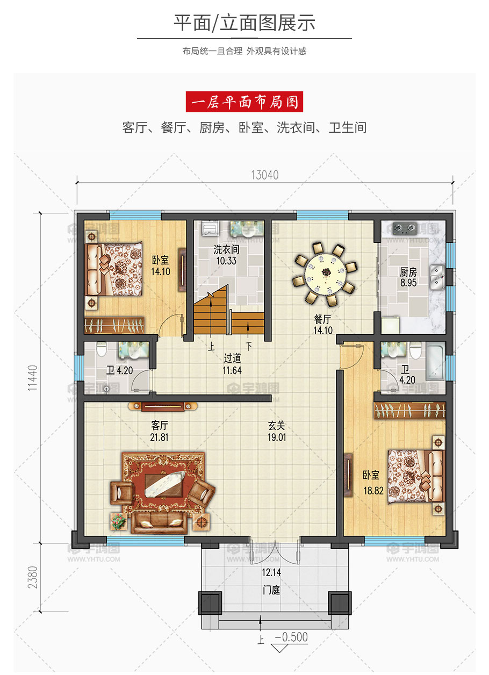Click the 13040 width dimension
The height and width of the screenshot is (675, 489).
click(265, 175)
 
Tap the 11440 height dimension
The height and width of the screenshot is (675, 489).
click(33, 378)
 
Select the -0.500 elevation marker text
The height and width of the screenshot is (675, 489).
click(291, 637)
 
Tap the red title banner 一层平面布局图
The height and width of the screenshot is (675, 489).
click(244, 102)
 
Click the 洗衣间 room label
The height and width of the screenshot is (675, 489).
click(226, 249)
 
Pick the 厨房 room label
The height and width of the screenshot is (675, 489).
click(408, 272)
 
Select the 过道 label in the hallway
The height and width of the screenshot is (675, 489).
click(232, 358)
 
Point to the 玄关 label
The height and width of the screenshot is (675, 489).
click(277, 426)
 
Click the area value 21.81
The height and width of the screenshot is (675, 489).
click(159, 437)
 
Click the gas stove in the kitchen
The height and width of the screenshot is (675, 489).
click(405, 228)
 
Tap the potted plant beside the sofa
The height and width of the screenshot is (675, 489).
click(118, 521)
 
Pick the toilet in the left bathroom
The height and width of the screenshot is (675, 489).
click(102, 349)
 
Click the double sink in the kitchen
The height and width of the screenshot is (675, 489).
click(437, 277)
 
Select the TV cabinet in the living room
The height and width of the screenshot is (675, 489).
click(163, 407)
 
